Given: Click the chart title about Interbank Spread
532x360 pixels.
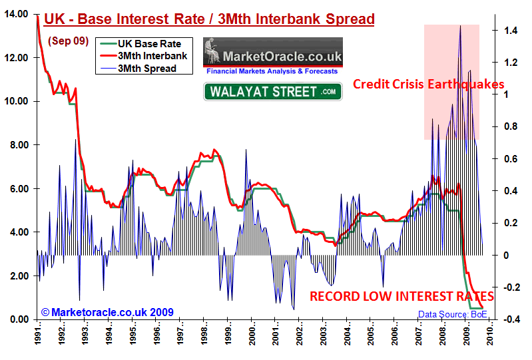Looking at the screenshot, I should pos(208,19).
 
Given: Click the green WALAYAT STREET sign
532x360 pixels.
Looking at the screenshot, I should pos(272,91).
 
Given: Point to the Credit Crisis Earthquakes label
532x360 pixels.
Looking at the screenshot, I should pos(428,84).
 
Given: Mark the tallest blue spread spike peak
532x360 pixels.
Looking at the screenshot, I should pos(459,26).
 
